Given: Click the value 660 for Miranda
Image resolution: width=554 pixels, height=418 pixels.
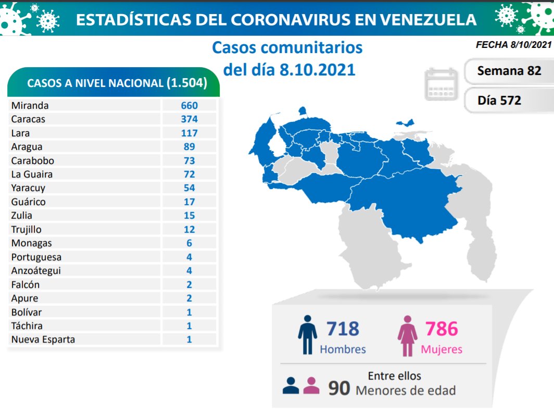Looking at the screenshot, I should point(189,105).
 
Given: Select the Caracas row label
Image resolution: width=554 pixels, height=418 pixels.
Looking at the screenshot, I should point(28,119).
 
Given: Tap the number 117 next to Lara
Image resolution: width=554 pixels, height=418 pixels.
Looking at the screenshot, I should point(189,133).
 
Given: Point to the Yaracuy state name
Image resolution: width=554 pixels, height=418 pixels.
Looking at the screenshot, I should point(28,188).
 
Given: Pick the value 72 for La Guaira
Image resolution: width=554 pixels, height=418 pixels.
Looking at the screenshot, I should point(189,174).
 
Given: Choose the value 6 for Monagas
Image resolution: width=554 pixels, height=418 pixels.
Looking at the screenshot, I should point(189,243).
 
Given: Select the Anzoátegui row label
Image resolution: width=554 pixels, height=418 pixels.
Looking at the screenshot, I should point(36,271).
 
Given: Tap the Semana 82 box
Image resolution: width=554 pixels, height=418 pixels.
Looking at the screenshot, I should point(509,71).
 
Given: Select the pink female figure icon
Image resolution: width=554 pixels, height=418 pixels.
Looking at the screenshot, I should point(407,335).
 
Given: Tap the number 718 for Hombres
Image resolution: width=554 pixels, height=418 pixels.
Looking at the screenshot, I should point(343,329).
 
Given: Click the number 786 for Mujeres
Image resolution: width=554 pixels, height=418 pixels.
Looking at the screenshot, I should point(442,329).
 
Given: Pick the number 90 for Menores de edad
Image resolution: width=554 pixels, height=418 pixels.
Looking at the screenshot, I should point(338,389).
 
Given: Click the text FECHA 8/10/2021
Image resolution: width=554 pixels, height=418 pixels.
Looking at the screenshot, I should point(513,45).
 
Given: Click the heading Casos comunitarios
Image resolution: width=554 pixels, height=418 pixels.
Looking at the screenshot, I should point(287,48).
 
